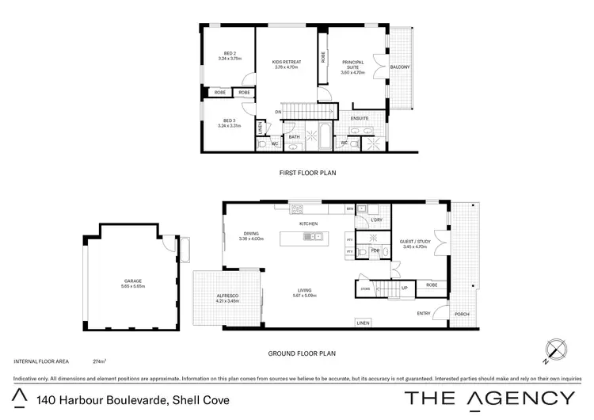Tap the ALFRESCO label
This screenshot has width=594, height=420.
tap(228, 296)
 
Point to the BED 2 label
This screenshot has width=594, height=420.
tap(228, 53)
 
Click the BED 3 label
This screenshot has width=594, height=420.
tap(228, 120)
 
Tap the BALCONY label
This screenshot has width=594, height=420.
tap(401, 67)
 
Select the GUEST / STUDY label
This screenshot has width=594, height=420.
tap(414, 242)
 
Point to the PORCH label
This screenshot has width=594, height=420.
tap(461, 314)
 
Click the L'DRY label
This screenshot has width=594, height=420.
tap(377, 220)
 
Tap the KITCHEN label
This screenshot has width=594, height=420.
tap(308, 224)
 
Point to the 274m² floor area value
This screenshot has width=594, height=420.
tap(99, 361)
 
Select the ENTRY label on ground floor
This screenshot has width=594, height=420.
tap(424, 314)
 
